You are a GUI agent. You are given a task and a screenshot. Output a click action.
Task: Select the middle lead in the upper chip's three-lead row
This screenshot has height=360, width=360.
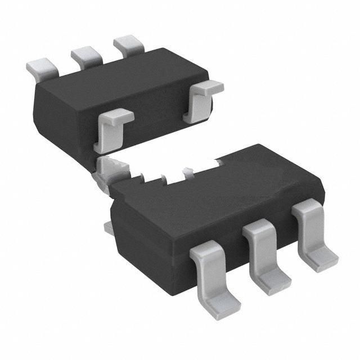[x=84, y=55]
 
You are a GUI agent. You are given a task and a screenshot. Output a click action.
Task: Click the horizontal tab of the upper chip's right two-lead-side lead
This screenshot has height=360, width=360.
[x=209, y=87]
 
